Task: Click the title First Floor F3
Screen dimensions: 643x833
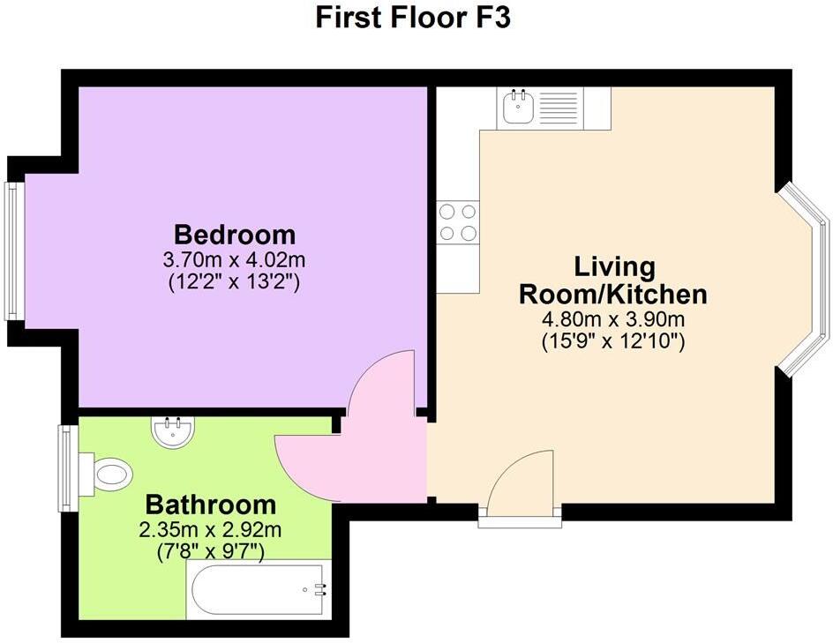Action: pos(413,18)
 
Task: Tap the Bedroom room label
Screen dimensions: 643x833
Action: pos(235,235)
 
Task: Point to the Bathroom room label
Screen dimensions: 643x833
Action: pos(210,505)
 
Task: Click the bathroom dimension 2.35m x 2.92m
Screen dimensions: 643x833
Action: pos(210,530)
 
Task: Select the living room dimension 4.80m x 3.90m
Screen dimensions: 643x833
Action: pos(614,318)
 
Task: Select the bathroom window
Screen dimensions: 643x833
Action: pos(65,467)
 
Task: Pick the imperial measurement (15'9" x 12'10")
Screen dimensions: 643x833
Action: pos(614,342)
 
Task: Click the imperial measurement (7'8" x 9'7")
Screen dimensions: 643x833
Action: pos(210,552)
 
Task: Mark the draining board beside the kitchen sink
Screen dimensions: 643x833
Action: pos(555,108)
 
